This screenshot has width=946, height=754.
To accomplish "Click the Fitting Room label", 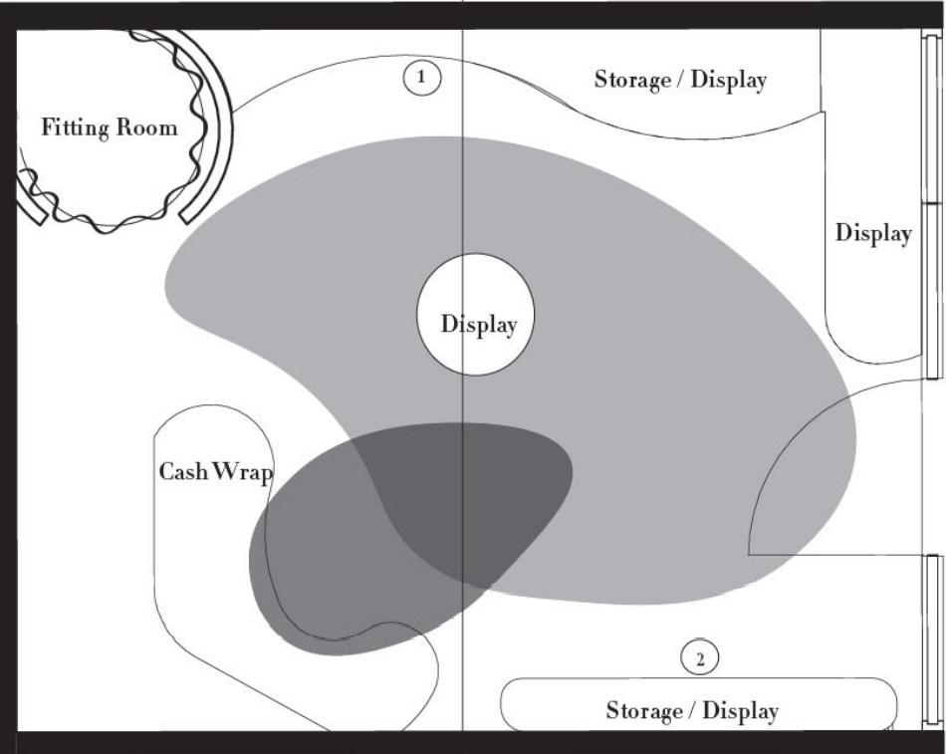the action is tap(110, 127).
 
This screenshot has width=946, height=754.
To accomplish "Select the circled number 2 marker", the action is tap(699, 658).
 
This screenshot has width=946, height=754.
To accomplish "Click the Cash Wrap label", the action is tap(216, 471).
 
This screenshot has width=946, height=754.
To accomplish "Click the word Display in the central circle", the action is tap(479, 326).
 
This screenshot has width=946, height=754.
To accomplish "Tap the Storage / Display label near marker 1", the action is tap(680, 79).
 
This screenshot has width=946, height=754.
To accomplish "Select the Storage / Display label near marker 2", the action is tap(692, 711).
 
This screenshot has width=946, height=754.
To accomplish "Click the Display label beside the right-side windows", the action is tap(873, 233).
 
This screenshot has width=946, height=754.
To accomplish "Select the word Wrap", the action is tap(244, 471).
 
